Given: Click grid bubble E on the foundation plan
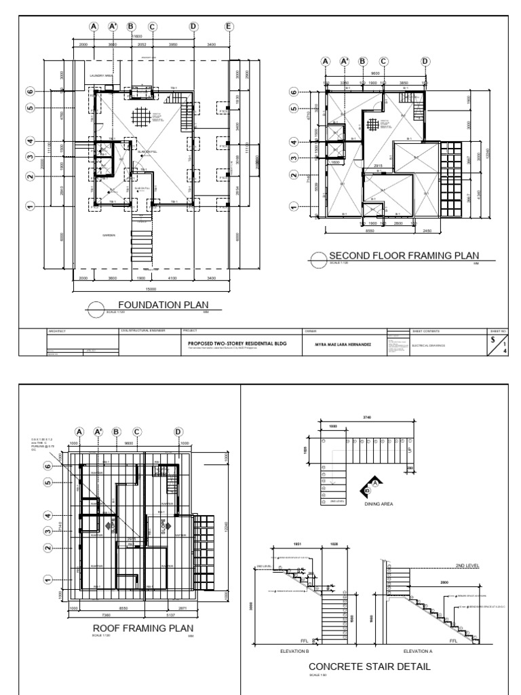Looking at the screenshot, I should click(228, 26).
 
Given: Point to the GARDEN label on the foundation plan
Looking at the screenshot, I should click(109, 235).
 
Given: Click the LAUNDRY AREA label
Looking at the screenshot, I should click(100, 76).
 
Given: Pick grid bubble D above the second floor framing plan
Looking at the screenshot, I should click(426, 61).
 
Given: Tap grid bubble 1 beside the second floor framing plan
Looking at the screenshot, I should click(294, 206).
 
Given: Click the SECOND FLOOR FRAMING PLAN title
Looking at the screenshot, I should click(399, 256).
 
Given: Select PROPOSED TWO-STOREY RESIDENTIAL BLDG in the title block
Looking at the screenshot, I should click(237, 343).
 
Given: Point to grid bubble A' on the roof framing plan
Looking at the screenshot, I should click(99, 431).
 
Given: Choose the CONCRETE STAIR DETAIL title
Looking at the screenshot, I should click(368, 666).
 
